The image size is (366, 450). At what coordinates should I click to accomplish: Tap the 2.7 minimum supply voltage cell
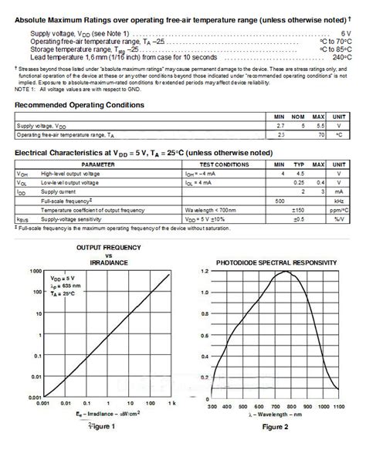[281, 124]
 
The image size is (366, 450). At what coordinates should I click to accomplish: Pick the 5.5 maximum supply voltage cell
[317, 124]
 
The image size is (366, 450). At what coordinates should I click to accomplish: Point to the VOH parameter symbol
[22, 174]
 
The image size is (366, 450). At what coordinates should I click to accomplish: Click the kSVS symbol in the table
[23, 218]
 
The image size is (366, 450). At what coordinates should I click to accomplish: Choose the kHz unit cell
[338, 201]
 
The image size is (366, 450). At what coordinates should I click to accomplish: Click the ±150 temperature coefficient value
[300, 209]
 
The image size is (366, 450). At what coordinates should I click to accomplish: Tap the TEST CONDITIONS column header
[223, 165]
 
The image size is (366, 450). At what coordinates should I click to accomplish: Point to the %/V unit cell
[338, 218]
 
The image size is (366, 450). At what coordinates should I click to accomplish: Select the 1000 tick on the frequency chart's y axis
[34, 272]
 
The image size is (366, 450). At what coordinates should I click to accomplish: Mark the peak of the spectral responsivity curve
[286, 272]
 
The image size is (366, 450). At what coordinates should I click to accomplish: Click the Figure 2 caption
[275, 426]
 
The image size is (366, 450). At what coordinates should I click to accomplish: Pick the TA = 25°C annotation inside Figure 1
[63, 294]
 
